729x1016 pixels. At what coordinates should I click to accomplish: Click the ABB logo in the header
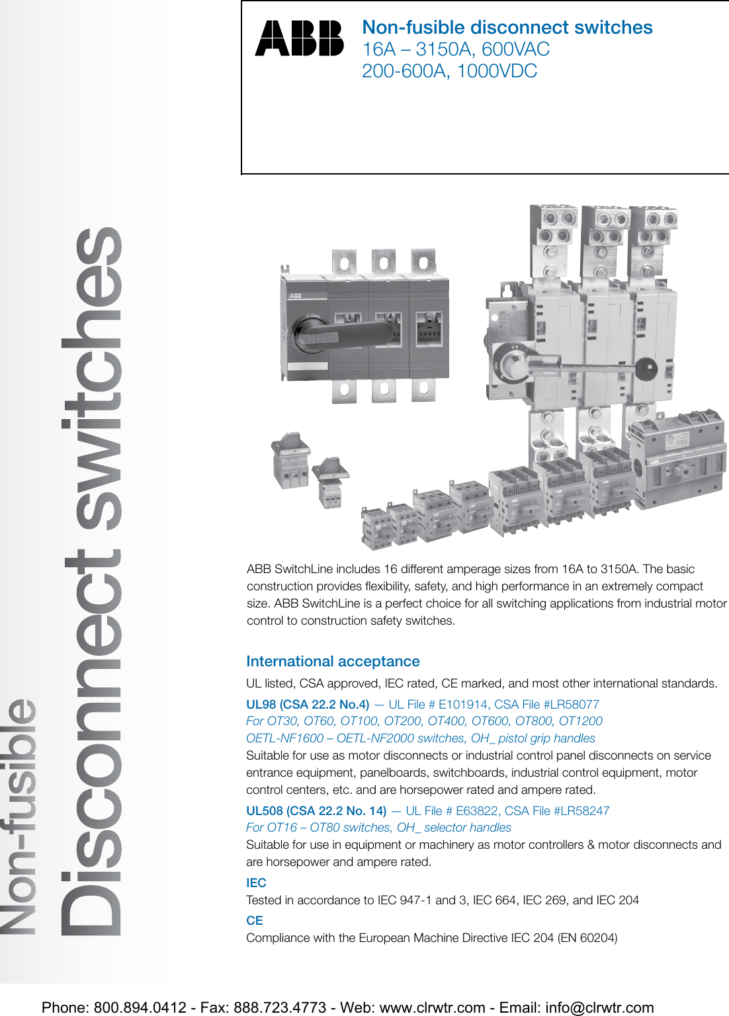tap(299, 38)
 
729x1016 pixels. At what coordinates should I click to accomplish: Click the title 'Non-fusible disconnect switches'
tap(507, 27)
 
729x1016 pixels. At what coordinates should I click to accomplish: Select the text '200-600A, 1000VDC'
tap(449, 71)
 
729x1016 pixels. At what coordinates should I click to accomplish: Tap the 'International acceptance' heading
tap(333, 661)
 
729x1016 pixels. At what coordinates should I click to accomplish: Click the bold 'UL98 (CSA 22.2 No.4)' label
tap(308, 704)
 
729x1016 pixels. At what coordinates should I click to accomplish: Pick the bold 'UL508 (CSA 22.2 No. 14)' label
tap(316, 810)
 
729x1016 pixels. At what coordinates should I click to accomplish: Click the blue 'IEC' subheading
tap(256, 882)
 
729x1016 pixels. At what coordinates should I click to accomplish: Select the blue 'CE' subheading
tap(255, 920)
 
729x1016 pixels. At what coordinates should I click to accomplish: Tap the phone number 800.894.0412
tap(140, 1007)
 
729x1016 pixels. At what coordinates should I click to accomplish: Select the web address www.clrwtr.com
tap(432, 1007)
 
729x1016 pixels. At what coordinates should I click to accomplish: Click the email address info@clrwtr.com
tap(599, 1007)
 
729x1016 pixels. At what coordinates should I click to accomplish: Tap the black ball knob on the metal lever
tap(646, 368)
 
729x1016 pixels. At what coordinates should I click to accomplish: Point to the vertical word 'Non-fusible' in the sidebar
tap(20, 816)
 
